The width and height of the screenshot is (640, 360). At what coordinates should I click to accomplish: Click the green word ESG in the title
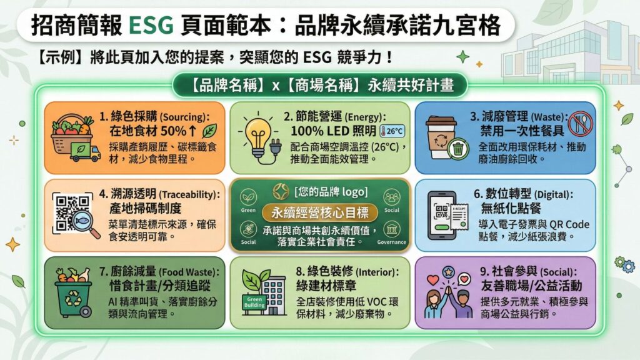151,25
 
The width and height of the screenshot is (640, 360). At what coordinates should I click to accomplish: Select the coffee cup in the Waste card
439,137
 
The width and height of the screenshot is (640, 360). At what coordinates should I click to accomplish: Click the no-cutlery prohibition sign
580,123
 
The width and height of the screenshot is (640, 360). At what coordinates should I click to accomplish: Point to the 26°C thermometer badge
392,131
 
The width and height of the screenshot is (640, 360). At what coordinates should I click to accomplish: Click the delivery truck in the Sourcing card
85,152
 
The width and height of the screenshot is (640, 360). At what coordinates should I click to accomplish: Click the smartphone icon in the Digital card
441,215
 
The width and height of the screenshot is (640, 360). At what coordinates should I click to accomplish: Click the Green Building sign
254,302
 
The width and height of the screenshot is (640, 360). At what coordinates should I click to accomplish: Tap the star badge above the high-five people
448,271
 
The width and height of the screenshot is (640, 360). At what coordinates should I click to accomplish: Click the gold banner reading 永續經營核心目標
319,212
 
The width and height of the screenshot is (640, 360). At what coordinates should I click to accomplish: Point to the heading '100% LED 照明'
333,131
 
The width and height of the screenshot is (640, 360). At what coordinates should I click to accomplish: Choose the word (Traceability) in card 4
189,195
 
